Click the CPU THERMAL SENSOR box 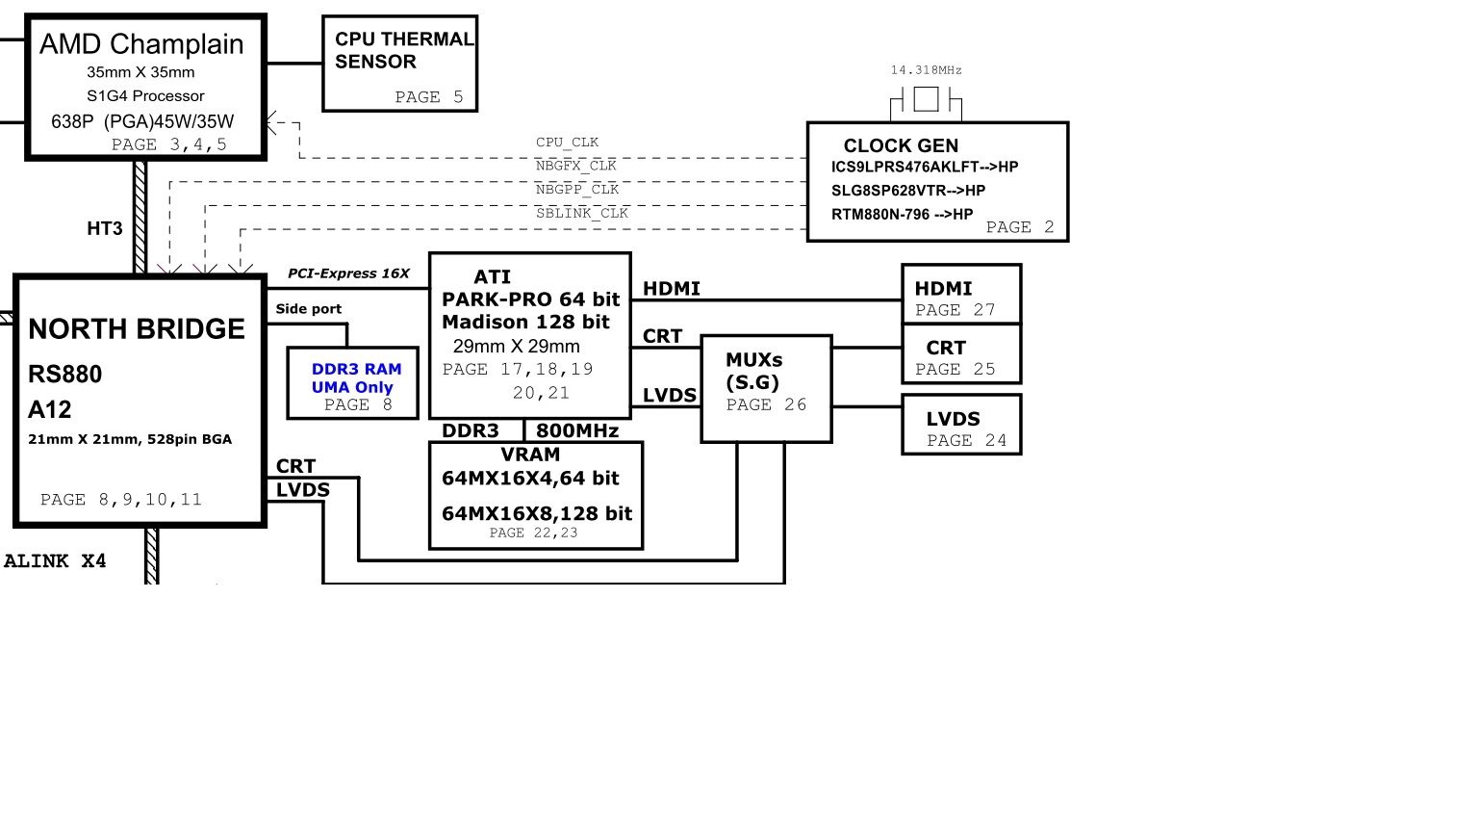[399, 64]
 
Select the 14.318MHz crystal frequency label [926, 70]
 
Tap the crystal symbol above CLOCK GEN [926, 99]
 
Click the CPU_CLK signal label [567, 143]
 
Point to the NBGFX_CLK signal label [575, 166]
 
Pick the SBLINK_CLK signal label [581, 213]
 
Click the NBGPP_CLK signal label [576, 190]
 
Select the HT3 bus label [105, 228]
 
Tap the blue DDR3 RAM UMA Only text [355, 378]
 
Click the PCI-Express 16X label [348, 273]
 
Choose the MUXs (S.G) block [766, 388]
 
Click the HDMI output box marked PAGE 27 [960, 295]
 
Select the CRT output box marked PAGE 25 [960, 354]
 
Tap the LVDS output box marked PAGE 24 [960, 425]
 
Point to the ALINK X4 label [55, 561]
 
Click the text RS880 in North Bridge [64, 374]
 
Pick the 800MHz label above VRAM [577, 430]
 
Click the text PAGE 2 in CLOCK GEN [1019, 227]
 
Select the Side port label [308, 309]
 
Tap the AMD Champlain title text [141, 44]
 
